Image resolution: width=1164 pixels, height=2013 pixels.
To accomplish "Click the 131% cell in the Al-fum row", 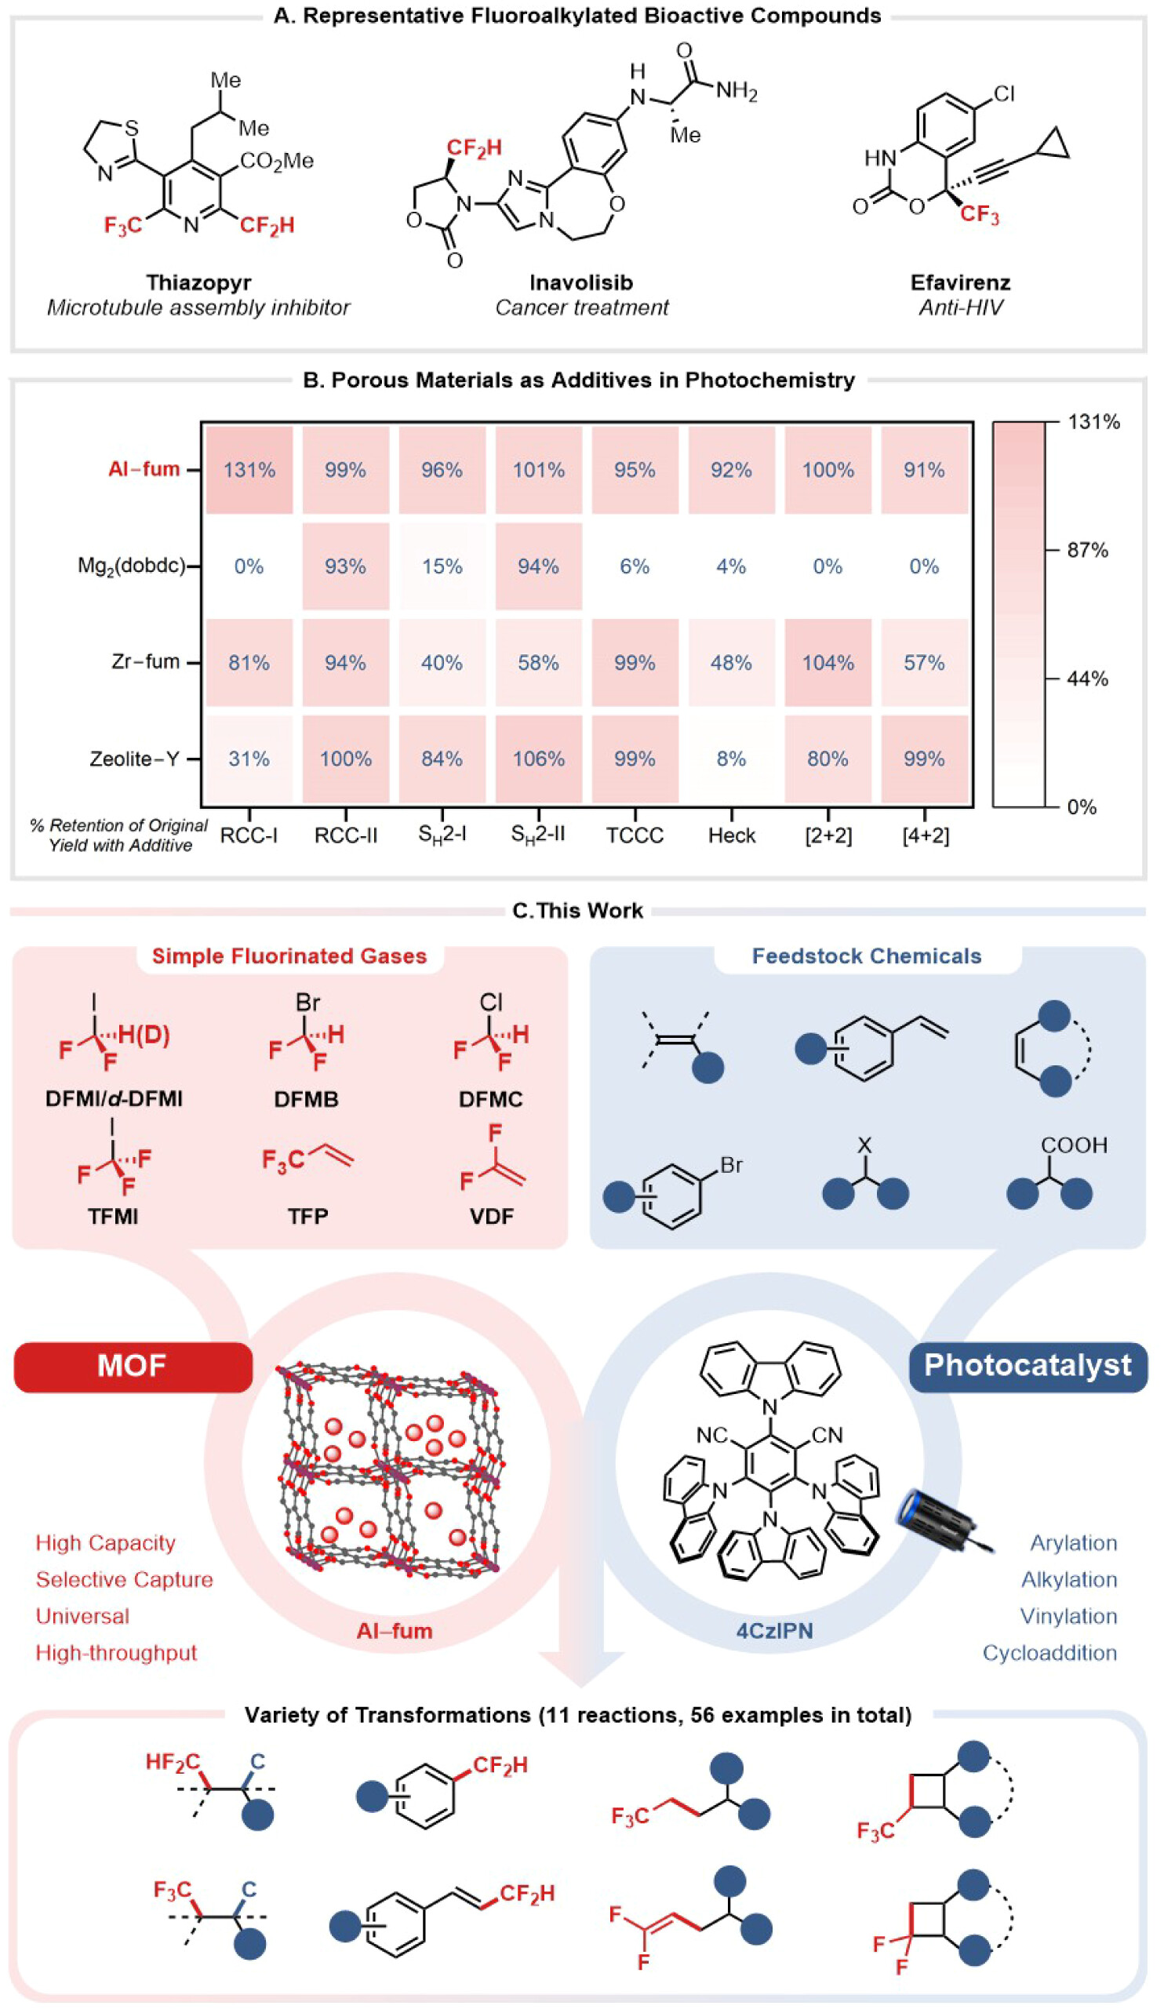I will point(249,470).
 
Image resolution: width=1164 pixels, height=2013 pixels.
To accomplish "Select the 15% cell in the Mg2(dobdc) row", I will point(442,566).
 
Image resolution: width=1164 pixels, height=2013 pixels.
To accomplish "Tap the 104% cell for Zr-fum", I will point(828,662).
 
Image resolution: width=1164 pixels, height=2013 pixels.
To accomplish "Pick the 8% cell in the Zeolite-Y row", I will point(731,758).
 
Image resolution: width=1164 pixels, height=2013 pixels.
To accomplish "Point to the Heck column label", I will point(731,835).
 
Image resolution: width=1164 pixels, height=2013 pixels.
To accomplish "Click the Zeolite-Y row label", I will point(133,758).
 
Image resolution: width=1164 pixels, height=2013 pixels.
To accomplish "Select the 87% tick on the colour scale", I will point(1087,551).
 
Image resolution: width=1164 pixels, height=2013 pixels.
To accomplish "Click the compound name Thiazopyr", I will point(198,282).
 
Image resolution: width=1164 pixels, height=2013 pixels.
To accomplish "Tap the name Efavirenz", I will point(960,282).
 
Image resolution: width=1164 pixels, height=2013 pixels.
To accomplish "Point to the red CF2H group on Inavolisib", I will point(474,147).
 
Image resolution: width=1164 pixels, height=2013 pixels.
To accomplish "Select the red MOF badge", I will point(133,1365).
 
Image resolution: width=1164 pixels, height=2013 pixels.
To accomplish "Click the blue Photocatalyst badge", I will point(1028,1365).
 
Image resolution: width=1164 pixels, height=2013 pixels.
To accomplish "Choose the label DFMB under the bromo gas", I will point(306,1099).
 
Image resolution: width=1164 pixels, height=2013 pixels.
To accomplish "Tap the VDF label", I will point(491,1216).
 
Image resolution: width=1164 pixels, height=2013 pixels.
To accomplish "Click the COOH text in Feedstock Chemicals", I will point(1073,1145).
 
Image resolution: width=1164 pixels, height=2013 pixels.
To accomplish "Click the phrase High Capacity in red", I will point(105,1542).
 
